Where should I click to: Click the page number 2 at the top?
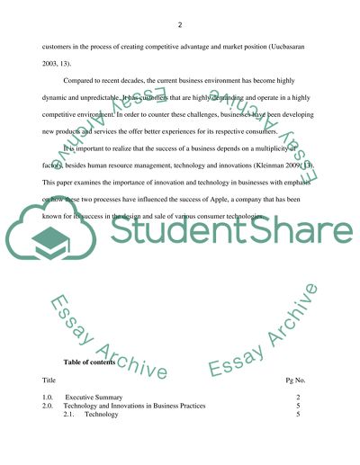pos(180,24)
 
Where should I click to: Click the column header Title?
pos(49,381)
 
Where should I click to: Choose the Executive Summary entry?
pos(99,397)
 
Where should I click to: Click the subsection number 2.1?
pos(71,416)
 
